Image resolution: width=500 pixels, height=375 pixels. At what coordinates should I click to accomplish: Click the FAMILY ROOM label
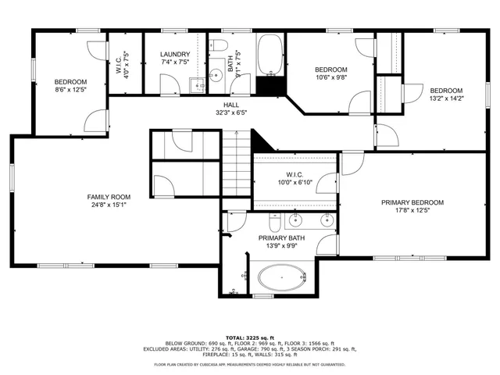(109, 197)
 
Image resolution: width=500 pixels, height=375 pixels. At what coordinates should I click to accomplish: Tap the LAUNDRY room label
(175, 54)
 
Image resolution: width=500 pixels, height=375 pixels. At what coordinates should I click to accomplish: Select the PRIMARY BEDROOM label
(412, 202)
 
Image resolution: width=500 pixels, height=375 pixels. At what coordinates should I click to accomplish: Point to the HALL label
(231, 104)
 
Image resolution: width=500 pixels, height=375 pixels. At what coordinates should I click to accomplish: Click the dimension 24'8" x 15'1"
(109, 205)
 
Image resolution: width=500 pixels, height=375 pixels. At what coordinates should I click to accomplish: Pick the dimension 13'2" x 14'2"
(446, 98)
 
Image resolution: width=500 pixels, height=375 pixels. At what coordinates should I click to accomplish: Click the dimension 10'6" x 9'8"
(330, 77)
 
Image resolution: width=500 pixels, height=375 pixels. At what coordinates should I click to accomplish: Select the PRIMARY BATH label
(282, 238)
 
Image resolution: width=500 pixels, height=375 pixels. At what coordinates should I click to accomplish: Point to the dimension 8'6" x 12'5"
(70, 91)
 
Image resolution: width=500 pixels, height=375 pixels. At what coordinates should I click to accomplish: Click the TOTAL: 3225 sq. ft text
(249, 335)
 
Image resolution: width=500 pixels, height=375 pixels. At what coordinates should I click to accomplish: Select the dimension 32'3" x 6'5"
(231, 112)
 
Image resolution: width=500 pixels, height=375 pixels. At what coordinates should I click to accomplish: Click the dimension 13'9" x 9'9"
(282, 247)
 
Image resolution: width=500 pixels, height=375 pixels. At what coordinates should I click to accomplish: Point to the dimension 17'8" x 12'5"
(412, 211)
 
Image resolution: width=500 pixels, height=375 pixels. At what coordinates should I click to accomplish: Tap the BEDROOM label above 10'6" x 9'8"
(330, 69)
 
